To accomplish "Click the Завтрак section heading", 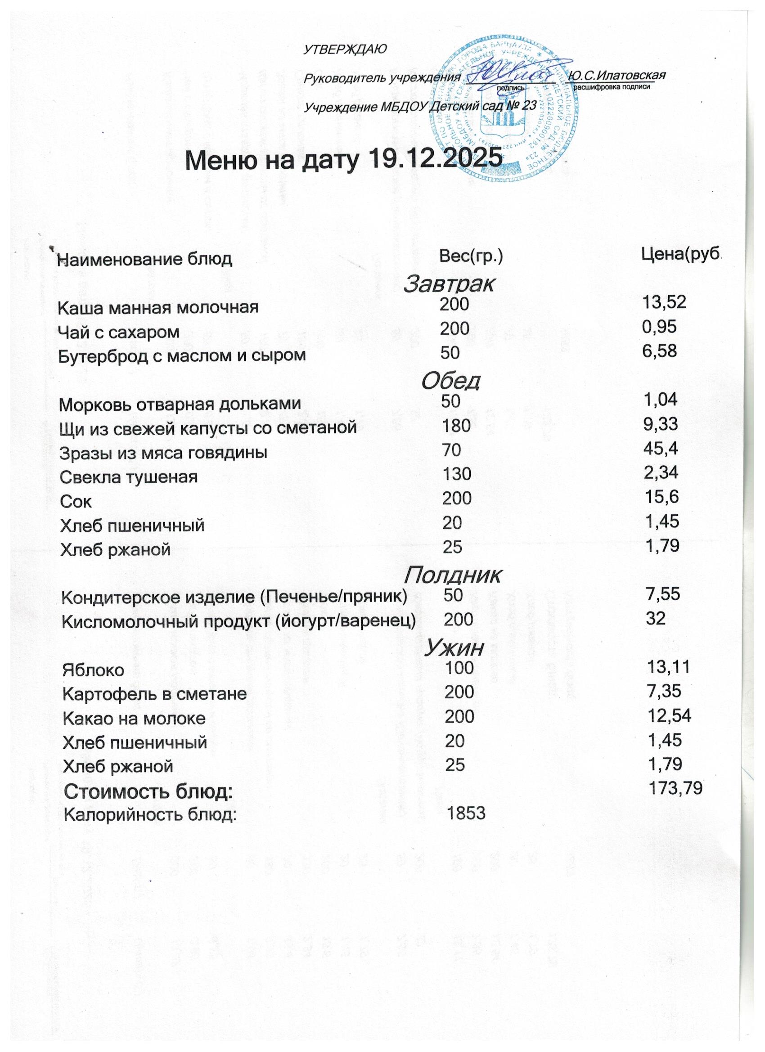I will pyautogui.click(x=449, y=284).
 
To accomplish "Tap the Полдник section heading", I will pyautogui.click(x=452, y=575).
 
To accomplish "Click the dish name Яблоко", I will pyautogui.click(x=94, y=670).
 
